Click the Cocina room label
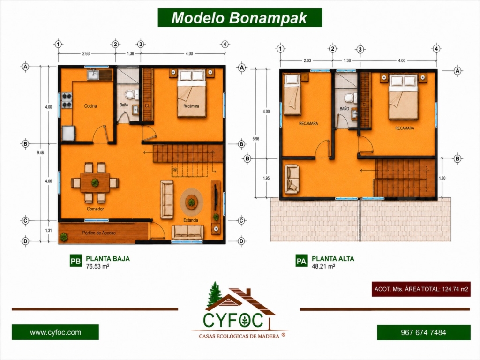coord(90,106)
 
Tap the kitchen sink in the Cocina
coord(93,75)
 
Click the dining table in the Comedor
coord(95,183)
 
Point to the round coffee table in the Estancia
coord(192,202)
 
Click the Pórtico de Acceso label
coord(99,233)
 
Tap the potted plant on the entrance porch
coord(64,237)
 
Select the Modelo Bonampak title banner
coord(240,18)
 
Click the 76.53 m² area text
coord(97,266)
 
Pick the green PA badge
coord(301,261)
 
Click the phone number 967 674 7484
coord(423,332)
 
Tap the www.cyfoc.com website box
coord(55,332)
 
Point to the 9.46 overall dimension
coord(40,152)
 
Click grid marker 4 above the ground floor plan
coord(225,44)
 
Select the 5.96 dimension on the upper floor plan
coord(255,139)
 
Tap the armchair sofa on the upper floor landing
coord(292,180)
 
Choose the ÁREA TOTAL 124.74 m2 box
coord(421,289)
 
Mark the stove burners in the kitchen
coord(67,101)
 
